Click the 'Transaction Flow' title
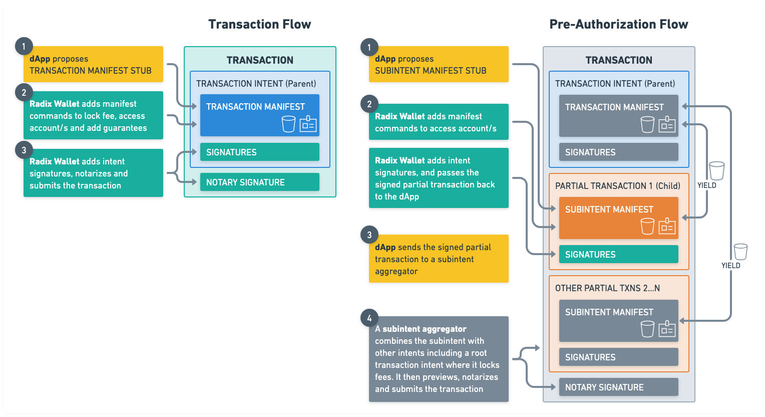pyautogui.click(x=259, y=24)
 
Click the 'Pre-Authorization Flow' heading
pyautogui.click(x=618, y=24)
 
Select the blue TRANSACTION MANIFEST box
pyautogui.click(x=259, y=115)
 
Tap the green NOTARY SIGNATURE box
pyautogui.click(x=259, y=182)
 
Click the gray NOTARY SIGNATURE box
pyautogui.click(x=618, y=387)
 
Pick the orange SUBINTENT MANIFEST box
pyautogui.click(x=618, y=218)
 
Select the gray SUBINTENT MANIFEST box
pyautogui.click(x=618, y=320)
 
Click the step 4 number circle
pyautogui.click(x=369, y=318)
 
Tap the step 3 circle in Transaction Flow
pyautogui.click(x=24, y=150)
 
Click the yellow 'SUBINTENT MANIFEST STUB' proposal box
pyautogui.click(x=439, y=64)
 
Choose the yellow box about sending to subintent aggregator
pyautogui.click(x=439, y=259)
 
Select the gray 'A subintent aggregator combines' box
pyautogui.click(x=439, y=359)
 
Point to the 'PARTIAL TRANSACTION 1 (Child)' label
pyautogui.click(x=617, y=186)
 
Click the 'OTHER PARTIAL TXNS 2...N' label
pyautogui.click(x=607, y=288)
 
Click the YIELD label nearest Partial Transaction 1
pyautogui.click(x=706, y=185)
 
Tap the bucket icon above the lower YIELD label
pyautogui.click(x=740, y=252)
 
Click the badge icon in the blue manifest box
pyautogui.click(x=308, y=124)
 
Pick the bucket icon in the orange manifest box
pyautogui.click(x=647, y=226)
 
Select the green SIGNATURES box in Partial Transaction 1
pyautogui.click(x=618, y=254)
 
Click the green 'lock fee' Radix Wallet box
pyautogui.click(x=93, y=115)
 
